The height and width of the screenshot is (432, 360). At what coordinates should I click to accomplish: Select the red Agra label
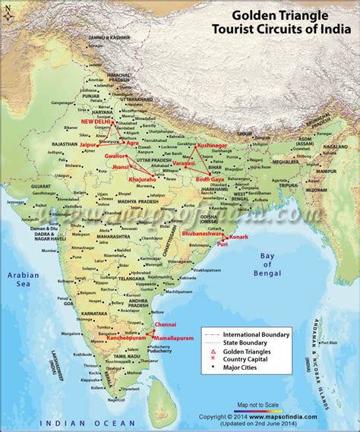pyautogui.click(x=131, y=142)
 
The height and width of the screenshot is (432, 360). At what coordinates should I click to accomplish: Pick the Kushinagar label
pyautogui.click(x=212, y=144)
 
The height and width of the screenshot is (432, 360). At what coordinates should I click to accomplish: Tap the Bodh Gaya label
pyautogui.click(x=209, y=178)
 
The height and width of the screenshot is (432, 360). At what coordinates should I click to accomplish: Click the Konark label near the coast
pyautogui.click(x=238, y=237)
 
